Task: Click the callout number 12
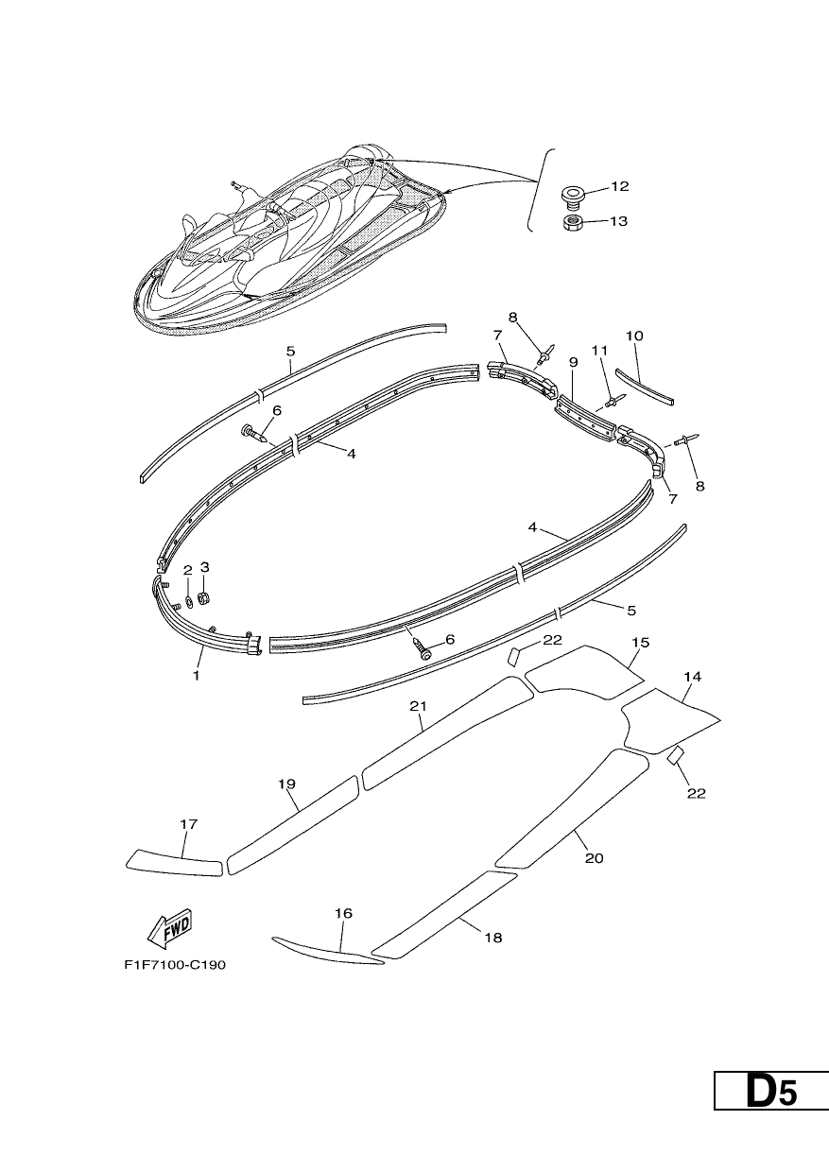tap(620, 187)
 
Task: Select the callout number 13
tap(618, 221)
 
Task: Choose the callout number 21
tap(418, 706)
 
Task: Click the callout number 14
tap(692, 677)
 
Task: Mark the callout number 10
tap(634, 336)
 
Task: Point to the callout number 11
tap(599, 351)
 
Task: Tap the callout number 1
tap(197, 676)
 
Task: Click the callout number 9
tap(573, 362)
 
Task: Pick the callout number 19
tap(286, 784)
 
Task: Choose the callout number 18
tap(493, 937)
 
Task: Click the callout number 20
tap(594, 857)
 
